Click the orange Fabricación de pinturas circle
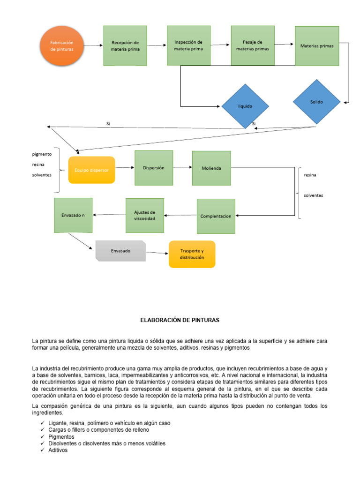[62, 46]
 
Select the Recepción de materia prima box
[125, 45]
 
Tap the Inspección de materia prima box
[188, 45]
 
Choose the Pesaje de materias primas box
[253, 45]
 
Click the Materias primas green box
[317, 46]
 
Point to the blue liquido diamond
[245, 106]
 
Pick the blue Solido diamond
[316, 102]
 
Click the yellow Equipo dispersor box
[91, 170]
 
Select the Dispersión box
[154, 168]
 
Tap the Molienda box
[211, 168]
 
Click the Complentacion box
[216, 216]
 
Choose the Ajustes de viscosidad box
[144, 216]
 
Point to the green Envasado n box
[73, 215]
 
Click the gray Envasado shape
[120, 251]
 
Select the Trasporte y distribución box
[192, 254]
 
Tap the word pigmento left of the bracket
[42, 154]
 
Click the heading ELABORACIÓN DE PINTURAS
[180, 320]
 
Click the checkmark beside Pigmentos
[42, 436]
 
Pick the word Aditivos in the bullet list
[58, 450]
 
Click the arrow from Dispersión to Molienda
[182, 167]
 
